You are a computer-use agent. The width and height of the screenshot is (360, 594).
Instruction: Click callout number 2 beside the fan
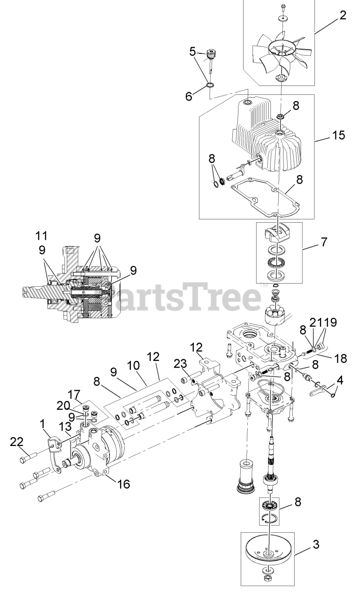click(x=342, y=15)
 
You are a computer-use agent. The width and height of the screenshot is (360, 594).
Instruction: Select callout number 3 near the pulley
click(x=315, y=544)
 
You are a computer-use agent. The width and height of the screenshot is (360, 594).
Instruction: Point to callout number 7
click(x=323, y=242)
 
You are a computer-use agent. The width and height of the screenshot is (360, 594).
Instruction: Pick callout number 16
click(x=123, y=484)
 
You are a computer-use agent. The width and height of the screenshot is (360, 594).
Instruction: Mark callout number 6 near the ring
click(x=188, y=97)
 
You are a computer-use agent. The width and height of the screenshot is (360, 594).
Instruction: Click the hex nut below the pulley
click(x=269, y=579)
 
